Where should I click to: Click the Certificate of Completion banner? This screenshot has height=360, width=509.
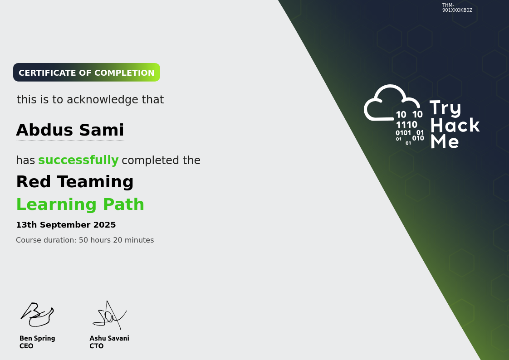point(86,73)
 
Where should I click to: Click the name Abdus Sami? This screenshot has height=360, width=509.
point(70,130)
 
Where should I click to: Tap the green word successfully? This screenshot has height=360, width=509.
point(78,161)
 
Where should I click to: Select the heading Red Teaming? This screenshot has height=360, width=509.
point(75,182)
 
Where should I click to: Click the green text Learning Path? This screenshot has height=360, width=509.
point(80,204)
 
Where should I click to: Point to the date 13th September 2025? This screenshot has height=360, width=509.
point(66,225)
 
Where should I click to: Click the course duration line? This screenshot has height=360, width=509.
point(85,240)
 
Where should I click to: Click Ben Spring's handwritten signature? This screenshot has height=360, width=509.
point(37,315)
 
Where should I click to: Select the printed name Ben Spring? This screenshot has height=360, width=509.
point(37,338)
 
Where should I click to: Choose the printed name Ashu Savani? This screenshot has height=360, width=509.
point(109,338)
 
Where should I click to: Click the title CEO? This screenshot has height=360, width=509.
point(26,346)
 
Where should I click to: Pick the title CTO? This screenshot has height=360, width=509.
point(97,346)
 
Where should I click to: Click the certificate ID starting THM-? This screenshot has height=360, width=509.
point(457,8)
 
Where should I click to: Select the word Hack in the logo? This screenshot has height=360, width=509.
point(455,126)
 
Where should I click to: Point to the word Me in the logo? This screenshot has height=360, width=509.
point(444,141)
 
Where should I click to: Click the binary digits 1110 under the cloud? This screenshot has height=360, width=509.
point(406,125)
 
